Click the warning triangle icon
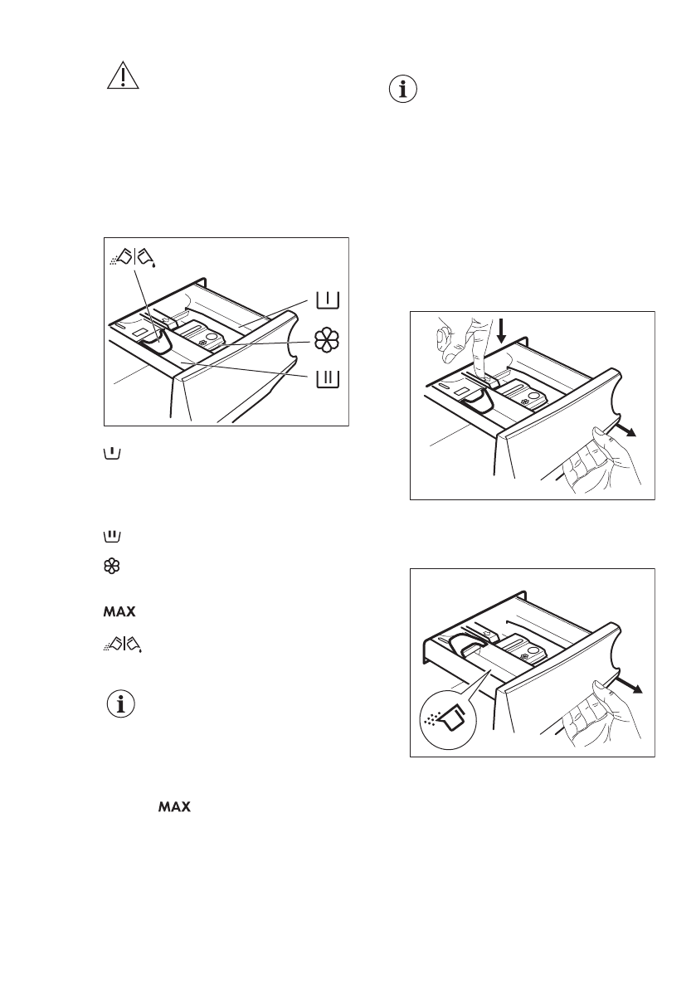123,76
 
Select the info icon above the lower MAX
122,705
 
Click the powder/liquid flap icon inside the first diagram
133,259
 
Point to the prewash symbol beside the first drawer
328,299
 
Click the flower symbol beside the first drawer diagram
327,341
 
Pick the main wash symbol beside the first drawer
328,378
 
